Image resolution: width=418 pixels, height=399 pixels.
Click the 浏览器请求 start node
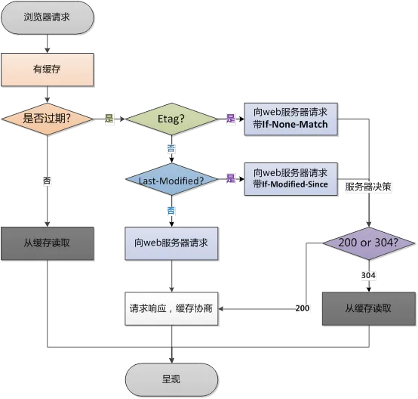48,17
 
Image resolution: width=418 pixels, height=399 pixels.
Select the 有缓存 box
48,70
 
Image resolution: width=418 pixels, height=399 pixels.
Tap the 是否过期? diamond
48,119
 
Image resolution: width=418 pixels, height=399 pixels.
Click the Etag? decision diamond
171,119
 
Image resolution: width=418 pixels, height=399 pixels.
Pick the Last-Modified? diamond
171,179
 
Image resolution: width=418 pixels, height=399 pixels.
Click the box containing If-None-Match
290,119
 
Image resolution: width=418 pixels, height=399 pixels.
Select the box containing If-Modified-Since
290,179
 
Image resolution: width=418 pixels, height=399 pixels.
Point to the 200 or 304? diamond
369,243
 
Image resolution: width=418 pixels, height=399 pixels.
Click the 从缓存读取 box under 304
369,309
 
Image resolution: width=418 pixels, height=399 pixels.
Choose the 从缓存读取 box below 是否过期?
48,243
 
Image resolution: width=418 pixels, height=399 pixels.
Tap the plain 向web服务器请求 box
171,243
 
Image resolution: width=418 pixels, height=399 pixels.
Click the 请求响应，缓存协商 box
171,309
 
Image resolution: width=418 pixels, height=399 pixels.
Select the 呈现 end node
171,379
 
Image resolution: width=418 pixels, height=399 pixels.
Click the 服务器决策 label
368,187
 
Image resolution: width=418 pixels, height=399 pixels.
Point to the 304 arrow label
368,275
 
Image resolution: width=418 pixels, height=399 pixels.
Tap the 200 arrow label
303,308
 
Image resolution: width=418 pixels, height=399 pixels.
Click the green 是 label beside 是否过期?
109,119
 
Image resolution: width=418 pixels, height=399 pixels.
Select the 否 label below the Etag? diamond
171,148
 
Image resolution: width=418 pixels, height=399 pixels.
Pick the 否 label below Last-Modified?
171,211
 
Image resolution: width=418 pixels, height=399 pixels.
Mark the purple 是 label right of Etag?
231,119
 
